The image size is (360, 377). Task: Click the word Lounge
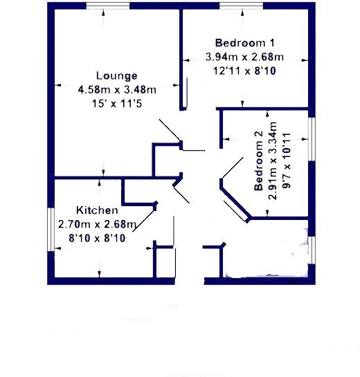[x=117, y=76]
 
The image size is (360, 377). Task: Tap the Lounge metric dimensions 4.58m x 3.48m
[x=117, y=89]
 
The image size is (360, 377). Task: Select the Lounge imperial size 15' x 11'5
[x=117, y=103]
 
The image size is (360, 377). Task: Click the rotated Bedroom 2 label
[x=259, y=166]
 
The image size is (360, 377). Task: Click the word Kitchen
[x=97, y=210]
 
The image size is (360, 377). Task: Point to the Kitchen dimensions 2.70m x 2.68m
[x=97, y=223]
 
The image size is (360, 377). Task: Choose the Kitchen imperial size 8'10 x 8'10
[x=97, y=237]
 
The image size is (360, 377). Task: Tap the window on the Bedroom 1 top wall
[x=240, y=6]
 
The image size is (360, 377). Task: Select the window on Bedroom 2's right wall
[x=312, y=138]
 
